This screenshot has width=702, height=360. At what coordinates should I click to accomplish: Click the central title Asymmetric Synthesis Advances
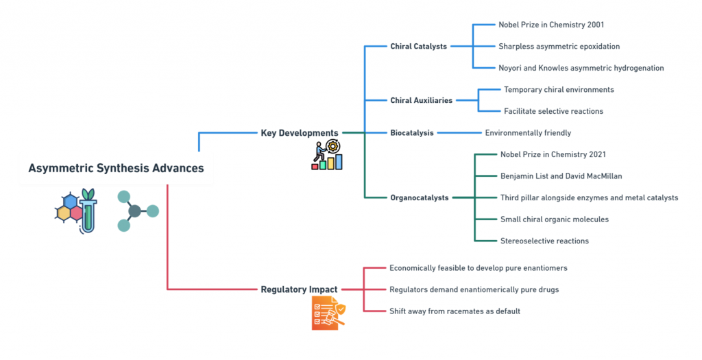(116, 168)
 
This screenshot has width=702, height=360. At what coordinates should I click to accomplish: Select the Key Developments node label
(300, 133)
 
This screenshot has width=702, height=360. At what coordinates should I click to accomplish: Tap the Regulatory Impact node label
(299, 289)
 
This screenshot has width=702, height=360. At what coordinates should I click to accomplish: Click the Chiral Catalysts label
(419, 46)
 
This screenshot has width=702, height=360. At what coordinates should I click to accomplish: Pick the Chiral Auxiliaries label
(422, 100)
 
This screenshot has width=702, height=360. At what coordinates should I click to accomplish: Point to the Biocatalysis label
(412, 133)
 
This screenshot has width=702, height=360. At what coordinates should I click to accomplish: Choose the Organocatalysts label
(420, 197)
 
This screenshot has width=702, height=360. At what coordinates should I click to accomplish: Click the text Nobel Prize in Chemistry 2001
(551, 25)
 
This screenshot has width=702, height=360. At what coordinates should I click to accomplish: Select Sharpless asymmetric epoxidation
(559, 46)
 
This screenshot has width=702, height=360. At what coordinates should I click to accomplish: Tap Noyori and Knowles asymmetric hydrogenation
(581, 68)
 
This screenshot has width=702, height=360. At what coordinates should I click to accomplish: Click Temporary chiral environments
(559, 90)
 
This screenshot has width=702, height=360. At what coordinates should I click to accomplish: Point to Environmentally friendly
(529, 133)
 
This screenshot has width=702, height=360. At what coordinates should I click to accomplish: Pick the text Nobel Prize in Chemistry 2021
(553, 154)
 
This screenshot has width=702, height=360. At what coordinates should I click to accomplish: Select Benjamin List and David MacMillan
(561, 176)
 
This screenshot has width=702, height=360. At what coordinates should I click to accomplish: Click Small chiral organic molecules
(554, 219)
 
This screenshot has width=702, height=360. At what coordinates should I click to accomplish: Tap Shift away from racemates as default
(455, 311)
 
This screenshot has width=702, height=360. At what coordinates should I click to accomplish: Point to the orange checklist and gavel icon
(328, 313)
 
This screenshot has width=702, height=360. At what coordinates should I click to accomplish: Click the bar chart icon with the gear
(327, 155)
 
